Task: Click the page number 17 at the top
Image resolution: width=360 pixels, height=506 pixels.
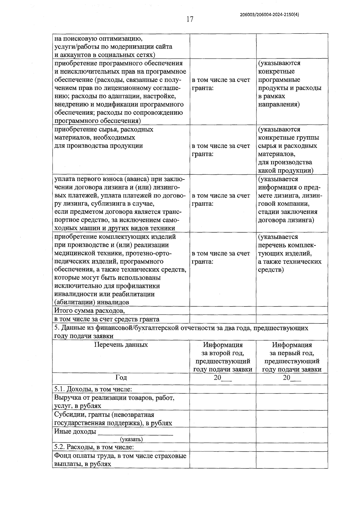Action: (190, 20)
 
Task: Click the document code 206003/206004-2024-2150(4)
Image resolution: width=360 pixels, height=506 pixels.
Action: (270, 14)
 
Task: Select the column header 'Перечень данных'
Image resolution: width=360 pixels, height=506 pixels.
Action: (121, 345)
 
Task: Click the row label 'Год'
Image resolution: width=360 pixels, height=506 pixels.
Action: (121, 378)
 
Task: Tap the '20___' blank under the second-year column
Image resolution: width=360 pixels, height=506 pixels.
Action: (223, 378)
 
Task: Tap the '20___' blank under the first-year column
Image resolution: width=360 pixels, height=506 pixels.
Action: (292, 378)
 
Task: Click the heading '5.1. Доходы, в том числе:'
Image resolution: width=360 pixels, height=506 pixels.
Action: (93, 389)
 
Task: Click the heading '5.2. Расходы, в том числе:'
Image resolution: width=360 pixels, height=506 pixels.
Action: (94, 447)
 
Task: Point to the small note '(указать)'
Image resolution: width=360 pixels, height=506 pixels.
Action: (131, 439)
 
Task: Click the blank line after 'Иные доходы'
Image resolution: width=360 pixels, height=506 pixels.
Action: (136, 432)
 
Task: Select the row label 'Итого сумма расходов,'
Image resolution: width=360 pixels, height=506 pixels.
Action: (89, 310)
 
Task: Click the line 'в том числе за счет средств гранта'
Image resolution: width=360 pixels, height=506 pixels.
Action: (106, 319)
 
